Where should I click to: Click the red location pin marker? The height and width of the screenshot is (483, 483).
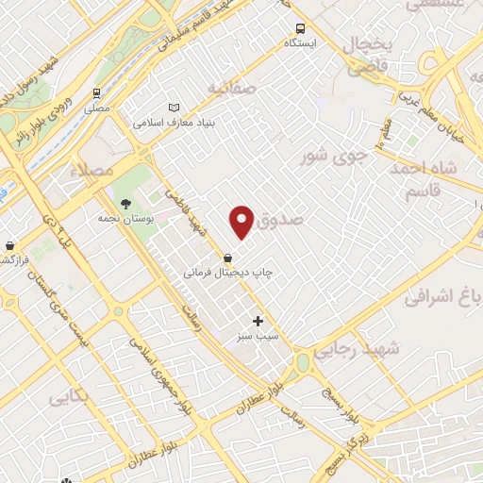coord(242,222)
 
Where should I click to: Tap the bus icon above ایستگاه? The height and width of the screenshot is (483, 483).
coord(300,28)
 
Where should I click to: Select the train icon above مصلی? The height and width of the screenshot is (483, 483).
coord(96,94)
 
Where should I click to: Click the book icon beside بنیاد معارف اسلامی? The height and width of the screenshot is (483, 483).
coord(172,108)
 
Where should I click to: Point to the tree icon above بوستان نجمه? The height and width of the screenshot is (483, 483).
coord(124,203)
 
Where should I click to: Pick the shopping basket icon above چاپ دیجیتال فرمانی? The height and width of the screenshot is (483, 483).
coord(227,257)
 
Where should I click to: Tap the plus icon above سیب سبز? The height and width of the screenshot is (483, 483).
coord(258,321)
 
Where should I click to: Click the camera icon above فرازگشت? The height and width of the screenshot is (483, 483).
coord(8,245)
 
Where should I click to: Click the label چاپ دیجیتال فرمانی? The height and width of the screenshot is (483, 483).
coord(223,272)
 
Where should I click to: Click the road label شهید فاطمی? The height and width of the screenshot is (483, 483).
coord(186,213)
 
